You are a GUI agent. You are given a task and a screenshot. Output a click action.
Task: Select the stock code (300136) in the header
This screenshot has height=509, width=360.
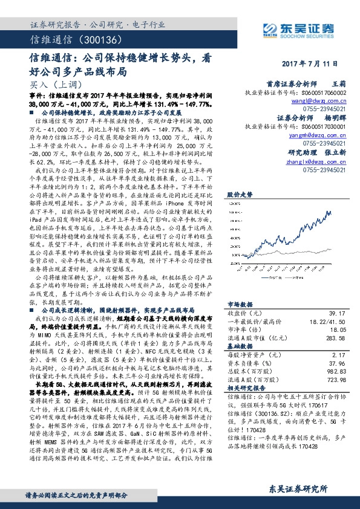click(x=85, y=39)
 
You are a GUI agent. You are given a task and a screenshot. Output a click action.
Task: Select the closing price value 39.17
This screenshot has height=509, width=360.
click(x=336, y=313)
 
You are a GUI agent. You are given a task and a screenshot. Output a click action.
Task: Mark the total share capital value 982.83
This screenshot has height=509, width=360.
click(x=335, y=372)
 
